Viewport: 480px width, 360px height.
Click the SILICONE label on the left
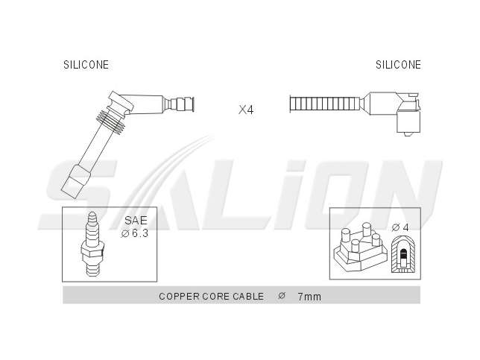click(x=86, y=65)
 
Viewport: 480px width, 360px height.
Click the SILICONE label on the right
click(x=398, y=65)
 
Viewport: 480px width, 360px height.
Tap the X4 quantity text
click(x=246, y=110)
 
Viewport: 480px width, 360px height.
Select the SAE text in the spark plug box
click(x=136, y=221)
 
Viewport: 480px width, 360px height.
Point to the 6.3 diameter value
click(x=140, y=233)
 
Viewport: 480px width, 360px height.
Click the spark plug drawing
click(x=92, y=244)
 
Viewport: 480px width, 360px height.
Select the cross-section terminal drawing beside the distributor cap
click(x=403, y=254)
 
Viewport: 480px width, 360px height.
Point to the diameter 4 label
click(x=400, y=227)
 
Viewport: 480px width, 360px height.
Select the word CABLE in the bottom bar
click(x=248, y=297)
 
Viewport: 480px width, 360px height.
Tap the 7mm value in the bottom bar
click(x=309, y=297)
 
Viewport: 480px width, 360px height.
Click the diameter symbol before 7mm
click(x=282, y=296)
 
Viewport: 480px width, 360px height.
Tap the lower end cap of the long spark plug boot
click(x=76, y=183)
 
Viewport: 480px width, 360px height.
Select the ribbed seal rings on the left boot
click(x=111, y=122)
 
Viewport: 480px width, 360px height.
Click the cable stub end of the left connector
click(x=183, y=104)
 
